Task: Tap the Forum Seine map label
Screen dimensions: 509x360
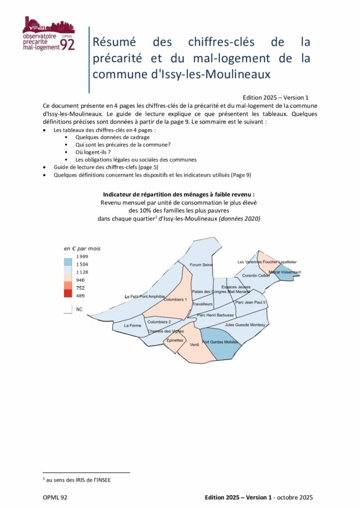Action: pos(201,265)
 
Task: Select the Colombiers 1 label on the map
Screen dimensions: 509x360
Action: pos(175,300)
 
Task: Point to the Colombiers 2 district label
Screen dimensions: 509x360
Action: pos(159,322)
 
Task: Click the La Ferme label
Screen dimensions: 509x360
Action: pos(133,326)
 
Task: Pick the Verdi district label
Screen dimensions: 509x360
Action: pos(194,351)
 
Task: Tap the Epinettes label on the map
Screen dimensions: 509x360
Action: pos(176,340)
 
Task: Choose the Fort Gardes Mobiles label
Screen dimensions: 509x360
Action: pos(220,342)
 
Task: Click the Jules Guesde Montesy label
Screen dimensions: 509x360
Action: pos(245,325)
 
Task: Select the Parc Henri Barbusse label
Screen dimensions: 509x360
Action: pos(215,315)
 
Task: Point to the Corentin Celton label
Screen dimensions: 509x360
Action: pos(256,276)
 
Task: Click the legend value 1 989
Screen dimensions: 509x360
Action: pos(82,256)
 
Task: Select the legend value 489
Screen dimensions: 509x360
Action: pos(80,296)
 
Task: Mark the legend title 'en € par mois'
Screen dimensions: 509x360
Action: pos(82,248)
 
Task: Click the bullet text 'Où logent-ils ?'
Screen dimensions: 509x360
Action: pos(92,152)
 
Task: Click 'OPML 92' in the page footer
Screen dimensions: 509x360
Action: pos(56,497)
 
